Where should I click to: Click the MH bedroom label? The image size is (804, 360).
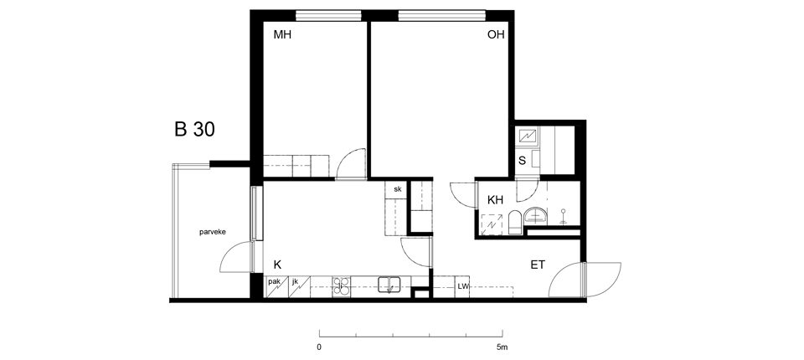click(282, 35)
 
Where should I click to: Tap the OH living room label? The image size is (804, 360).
click(496, 35)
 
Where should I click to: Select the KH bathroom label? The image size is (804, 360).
click(495, 200)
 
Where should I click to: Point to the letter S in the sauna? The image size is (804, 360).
click(522, 161)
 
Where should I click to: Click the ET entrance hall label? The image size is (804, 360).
click(538, 265)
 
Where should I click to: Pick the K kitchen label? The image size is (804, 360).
click(277, 265)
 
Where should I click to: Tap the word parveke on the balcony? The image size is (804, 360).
click(212, 232)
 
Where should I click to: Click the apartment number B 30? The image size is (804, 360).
click(194, 129)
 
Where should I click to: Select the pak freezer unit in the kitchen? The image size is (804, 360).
click(276, 286)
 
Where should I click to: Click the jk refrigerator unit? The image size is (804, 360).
click(299, 286)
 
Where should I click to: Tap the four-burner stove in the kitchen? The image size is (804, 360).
click(342, 286)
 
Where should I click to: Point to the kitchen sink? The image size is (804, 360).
click(389, 285)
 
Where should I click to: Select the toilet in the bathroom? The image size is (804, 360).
click(515, 223)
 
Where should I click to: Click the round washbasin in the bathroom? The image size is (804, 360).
click(536, 215)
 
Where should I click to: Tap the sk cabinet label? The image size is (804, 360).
click(397, 189)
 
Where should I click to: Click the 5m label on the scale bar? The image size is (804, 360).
click(502, 347)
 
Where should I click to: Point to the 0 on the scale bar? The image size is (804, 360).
click(319, 347)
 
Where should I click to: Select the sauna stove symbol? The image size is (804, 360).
click(528, 136)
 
